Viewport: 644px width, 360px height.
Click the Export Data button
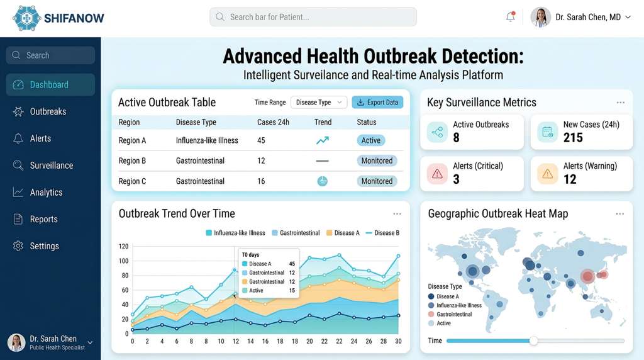tap(377, 103)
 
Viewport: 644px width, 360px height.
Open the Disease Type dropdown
tap(319, 103)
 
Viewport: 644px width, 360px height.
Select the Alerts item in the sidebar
tap(40, 138)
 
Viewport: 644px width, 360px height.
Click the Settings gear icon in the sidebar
tap(18, 246)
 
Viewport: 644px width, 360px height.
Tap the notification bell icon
tap(510, 17)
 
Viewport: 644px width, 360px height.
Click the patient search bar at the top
tap(313, 17)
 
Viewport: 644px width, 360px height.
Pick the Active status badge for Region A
tap(370, 140)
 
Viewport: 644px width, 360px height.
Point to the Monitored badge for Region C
tap(377, 181)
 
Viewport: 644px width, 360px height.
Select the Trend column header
tap(323, 122)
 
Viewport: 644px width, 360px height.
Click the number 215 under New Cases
tap(573, 138)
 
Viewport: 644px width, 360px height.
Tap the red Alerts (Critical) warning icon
tap(437, 174)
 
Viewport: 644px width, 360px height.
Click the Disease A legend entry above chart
tap(342, 233)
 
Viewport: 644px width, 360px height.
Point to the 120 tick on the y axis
tap(123, 247)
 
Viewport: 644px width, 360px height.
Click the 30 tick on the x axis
tap(398, 342)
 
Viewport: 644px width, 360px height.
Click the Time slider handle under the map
tap(533, 340)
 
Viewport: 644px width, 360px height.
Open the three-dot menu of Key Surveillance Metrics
tap(621, 103)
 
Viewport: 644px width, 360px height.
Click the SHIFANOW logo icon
tap(26, 18)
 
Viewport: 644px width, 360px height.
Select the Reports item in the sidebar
tap(43, 219)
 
